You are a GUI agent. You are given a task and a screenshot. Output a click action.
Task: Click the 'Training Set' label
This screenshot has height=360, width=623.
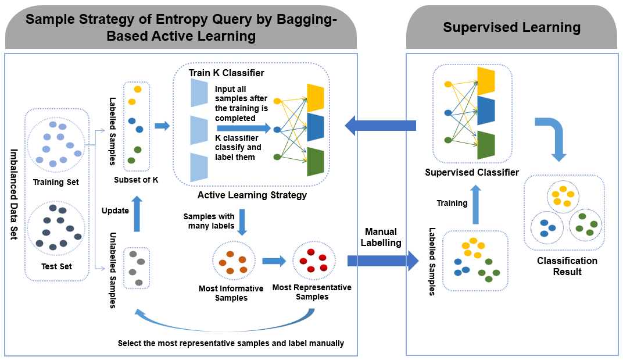click(56, 182)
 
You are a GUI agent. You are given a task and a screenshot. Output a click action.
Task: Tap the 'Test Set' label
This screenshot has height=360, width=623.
click(56, 266)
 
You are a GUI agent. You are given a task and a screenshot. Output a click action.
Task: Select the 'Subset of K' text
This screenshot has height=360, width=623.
click(136, 180)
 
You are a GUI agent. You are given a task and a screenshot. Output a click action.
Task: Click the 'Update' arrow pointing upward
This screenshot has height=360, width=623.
click(137, 213)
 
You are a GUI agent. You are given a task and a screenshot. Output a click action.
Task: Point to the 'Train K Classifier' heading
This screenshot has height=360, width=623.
click(227, 73)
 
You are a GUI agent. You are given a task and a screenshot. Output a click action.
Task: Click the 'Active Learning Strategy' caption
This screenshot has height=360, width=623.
click(252, 195)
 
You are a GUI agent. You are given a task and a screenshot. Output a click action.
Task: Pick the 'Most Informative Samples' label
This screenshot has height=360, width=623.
click(231, 293)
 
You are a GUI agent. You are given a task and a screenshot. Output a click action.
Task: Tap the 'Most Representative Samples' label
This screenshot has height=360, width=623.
click(312, 292)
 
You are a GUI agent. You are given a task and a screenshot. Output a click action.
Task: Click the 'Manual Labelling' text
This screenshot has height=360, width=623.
click(381, 237)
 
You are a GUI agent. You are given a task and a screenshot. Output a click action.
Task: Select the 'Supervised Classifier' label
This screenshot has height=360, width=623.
click(472, 172)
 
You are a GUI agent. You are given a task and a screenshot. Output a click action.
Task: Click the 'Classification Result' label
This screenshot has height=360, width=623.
click(567, 266)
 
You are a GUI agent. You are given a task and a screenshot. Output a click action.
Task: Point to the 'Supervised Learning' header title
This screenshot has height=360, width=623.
click(512, 27)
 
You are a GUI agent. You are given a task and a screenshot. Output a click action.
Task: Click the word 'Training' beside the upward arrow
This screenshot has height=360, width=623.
click(452, 203)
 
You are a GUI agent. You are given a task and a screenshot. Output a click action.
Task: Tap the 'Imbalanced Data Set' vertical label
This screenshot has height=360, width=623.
click(14, 194)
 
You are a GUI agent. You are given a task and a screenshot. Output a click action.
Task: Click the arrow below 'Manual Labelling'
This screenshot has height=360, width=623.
click(383, 261)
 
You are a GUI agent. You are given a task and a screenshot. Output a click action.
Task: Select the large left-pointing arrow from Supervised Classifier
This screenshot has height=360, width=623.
click(380, 126)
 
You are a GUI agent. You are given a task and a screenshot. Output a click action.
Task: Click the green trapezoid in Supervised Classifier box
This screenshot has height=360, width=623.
click(486, 145)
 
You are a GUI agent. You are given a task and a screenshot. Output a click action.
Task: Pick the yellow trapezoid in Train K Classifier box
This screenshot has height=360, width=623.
click(316, 98)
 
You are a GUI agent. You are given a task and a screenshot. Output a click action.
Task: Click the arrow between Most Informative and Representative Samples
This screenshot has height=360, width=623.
click(274, 261)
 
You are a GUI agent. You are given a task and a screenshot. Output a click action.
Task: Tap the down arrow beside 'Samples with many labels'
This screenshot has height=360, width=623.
click(242, 222)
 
